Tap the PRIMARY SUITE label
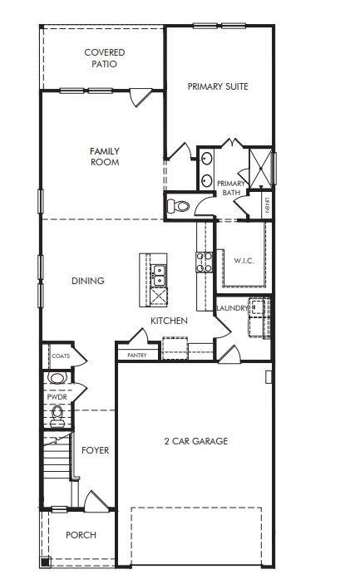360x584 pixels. (x=218, y=86)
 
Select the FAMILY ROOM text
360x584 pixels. (x=105, y=157)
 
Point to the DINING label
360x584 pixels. (x=88, y=281)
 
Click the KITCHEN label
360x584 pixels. (x=169, y=321)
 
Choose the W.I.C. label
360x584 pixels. (x=243, y=261)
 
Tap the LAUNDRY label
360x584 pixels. (x=232, y=308)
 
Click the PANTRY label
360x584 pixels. (x=137, y=355)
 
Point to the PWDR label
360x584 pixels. (x=57, y=397)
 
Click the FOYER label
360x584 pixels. (x=95, y=450)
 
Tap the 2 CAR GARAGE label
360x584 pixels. (x=195, y=441)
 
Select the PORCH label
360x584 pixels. (x=81, y=535)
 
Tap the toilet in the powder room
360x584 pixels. (x=57, y=418)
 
